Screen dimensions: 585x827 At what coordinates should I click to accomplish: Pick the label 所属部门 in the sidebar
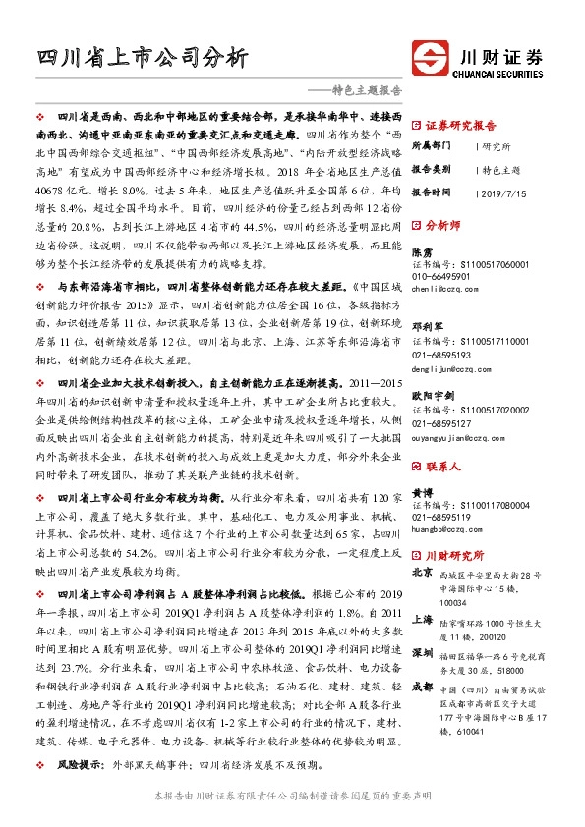434,145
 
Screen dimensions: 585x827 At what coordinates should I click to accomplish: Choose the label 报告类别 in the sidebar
434,169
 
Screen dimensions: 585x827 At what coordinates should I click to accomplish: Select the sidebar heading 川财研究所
460,555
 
